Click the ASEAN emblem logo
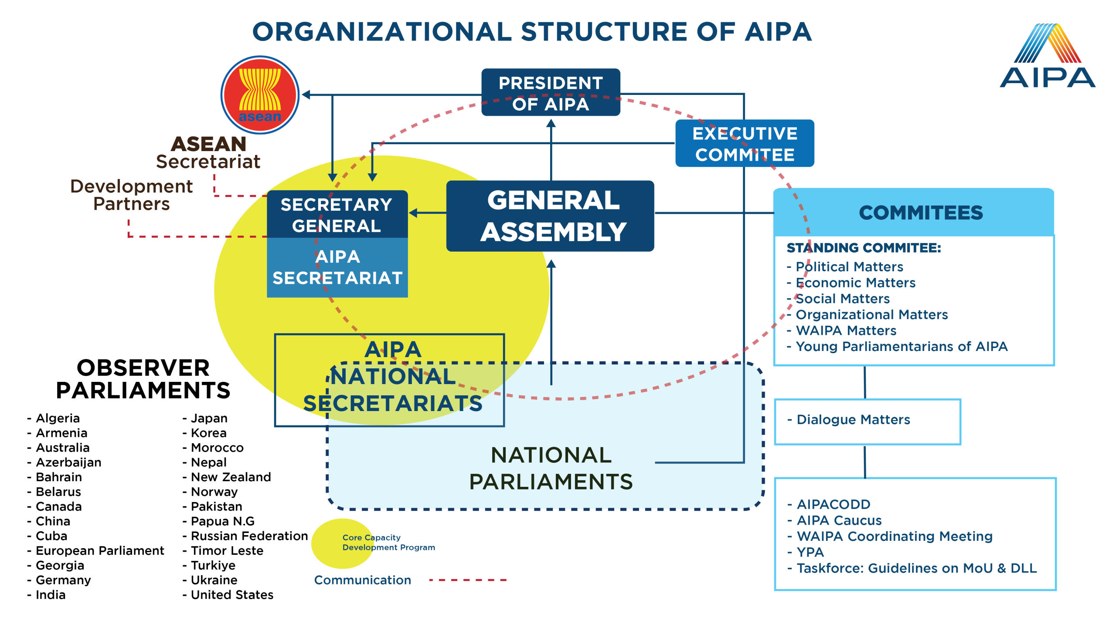point(260,95)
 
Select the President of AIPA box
point(551,93)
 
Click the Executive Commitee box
point(745,144)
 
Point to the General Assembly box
point(551,216)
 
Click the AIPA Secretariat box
point(337,267)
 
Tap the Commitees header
point(921,213)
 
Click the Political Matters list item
point(849,266)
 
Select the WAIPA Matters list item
point(846,330)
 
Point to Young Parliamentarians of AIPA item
point(902,347)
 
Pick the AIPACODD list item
point(833,504)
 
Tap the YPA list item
point(810,552)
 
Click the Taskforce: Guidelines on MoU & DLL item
point(916,568)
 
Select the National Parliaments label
point(551,468)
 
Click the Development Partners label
point(131,195)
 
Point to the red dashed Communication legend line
point(467,580)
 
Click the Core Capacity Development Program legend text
point(388,543)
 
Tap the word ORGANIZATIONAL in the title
point(382,32)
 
